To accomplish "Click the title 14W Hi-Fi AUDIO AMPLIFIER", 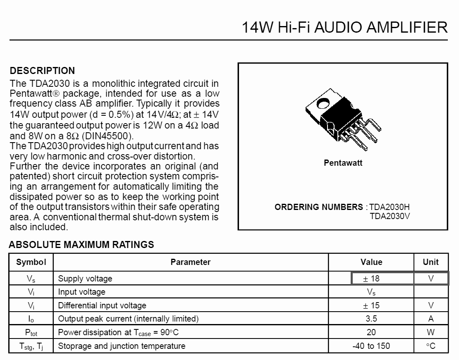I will [x=344, y=27].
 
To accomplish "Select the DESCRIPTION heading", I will [x=42, y=71].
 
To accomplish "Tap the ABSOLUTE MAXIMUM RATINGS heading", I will [x=81, y=245].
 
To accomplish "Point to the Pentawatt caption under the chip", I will [x=343, y=163].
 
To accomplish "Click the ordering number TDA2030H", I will [x=389, y=207].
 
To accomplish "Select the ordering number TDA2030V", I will [x=390, y=215].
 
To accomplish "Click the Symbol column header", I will [x=31, y=262].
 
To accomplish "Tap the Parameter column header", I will [x=190, y=262].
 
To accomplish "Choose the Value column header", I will [x=371, y=262].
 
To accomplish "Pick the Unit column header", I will [x=430, y=262].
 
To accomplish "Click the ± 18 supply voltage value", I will [x=371, y=279].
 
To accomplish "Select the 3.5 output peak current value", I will [x=371, y=319].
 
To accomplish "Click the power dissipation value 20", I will [x=371, y=332].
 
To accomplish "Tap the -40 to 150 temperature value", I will [x=371, y=346].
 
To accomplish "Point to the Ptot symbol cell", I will [x=31, y=332].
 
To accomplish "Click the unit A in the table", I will [x=431, y=319].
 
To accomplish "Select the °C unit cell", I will [x=431, y=346].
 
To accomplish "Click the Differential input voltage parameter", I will [x=102, y=305].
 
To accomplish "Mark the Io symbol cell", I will [x=31, y=319].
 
